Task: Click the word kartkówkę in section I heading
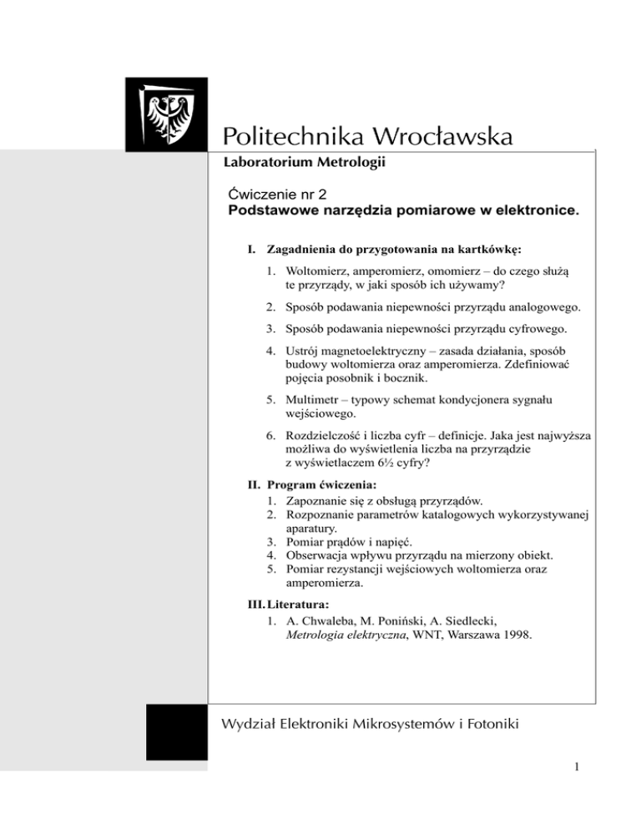pyautogui.click(x=488, y=249)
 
